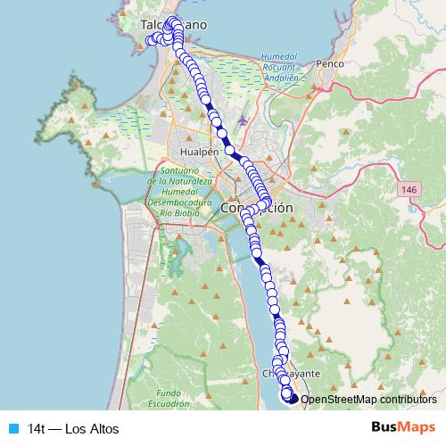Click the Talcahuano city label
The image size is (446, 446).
pos(174,26)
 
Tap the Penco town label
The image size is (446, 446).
pos(330,64)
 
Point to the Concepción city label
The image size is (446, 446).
pos(256,207)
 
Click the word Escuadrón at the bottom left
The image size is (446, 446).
pos(173,403)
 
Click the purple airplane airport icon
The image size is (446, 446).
pos(244,119)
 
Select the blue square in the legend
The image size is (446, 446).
pos(12,428)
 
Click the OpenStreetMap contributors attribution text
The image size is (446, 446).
pos(368,400)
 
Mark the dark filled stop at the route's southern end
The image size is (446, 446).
pos(293,399)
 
